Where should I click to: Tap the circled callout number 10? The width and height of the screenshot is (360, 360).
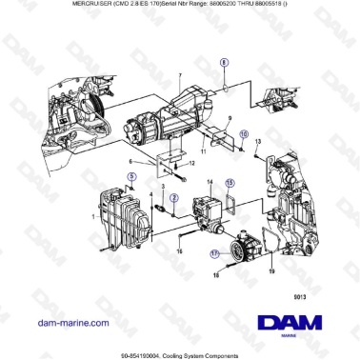coord(243,134)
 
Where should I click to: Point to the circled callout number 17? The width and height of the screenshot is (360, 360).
coord(214,254)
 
